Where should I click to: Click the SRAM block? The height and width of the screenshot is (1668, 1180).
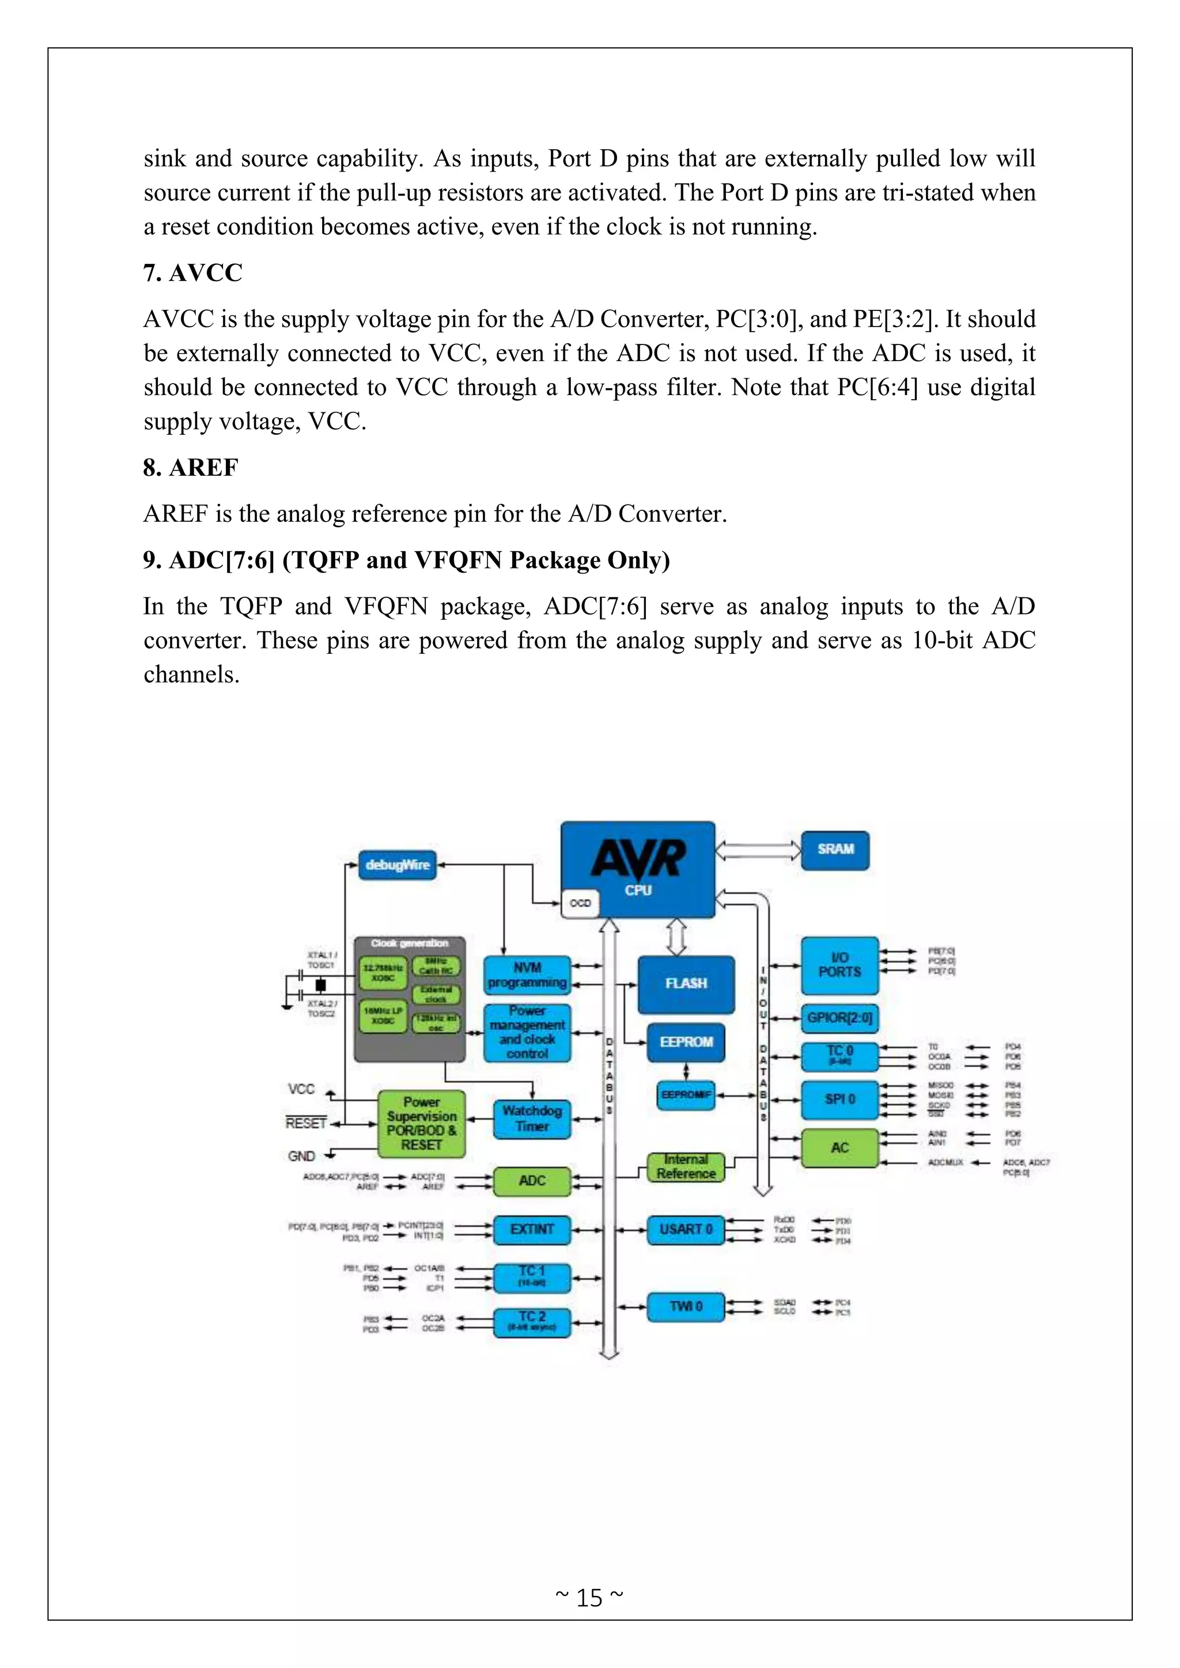point(835,850)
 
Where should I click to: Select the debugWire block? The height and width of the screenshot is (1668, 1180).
point(398,865)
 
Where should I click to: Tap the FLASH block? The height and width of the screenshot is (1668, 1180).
point(686,984)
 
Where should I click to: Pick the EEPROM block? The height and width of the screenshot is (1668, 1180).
point(686,1042)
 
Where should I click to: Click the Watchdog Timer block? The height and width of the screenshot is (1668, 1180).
point(532,1119)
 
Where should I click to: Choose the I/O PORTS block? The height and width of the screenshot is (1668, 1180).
point(839,965)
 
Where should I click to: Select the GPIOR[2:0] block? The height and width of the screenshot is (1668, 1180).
point(839,1018)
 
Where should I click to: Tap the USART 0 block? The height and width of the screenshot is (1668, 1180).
point(685,1229)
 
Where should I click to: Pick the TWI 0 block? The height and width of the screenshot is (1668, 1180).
point(685,1306)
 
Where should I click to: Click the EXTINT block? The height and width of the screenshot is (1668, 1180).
point(532,1229)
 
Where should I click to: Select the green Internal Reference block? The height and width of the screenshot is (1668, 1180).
point(686,1167)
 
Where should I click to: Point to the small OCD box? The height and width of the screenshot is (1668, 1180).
point(580,903)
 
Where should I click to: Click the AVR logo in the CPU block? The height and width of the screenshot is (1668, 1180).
point(638,858)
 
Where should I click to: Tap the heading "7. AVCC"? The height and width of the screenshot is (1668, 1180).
point(192,273)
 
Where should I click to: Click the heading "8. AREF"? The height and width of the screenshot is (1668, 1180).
point(190,468)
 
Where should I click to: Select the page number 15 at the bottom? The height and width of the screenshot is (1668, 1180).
point(589,1598)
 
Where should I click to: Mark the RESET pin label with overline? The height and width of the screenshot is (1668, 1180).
point(306,1124)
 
